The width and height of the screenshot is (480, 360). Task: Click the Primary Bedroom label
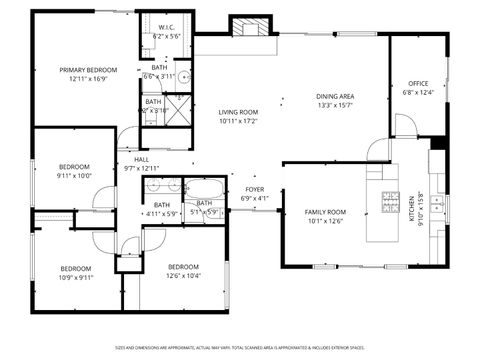[x=88, y=70]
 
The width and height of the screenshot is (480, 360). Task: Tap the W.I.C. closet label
[x=166, y=27]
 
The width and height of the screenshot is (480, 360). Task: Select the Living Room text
[x=238, y=112]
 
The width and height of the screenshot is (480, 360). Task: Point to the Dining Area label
[x=335, y=96]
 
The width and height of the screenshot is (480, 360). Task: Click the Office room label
[x=418, y=83]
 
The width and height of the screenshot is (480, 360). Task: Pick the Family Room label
[x=325, y=212]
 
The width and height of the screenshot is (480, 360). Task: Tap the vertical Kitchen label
[x=411, y=207]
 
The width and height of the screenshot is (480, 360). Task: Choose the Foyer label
[x=255, y=188]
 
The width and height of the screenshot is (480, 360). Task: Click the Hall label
[x=141, y=159]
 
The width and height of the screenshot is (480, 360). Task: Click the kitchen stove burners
[x=390, y=202]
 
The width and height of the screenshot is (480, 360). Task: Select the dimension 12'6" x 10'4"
[x=183, y=275]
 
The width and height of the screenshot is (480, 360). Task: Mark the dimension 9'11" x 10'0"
[x=74, y=175]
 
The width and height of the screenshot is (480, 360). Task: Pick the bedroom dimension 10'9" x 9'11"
[x=75, y=277]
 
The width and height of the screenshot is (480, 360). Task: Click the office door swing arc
[x=403, y=124]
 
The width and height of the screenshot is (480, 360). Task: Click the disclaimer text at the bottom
[x=240, y=348]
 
